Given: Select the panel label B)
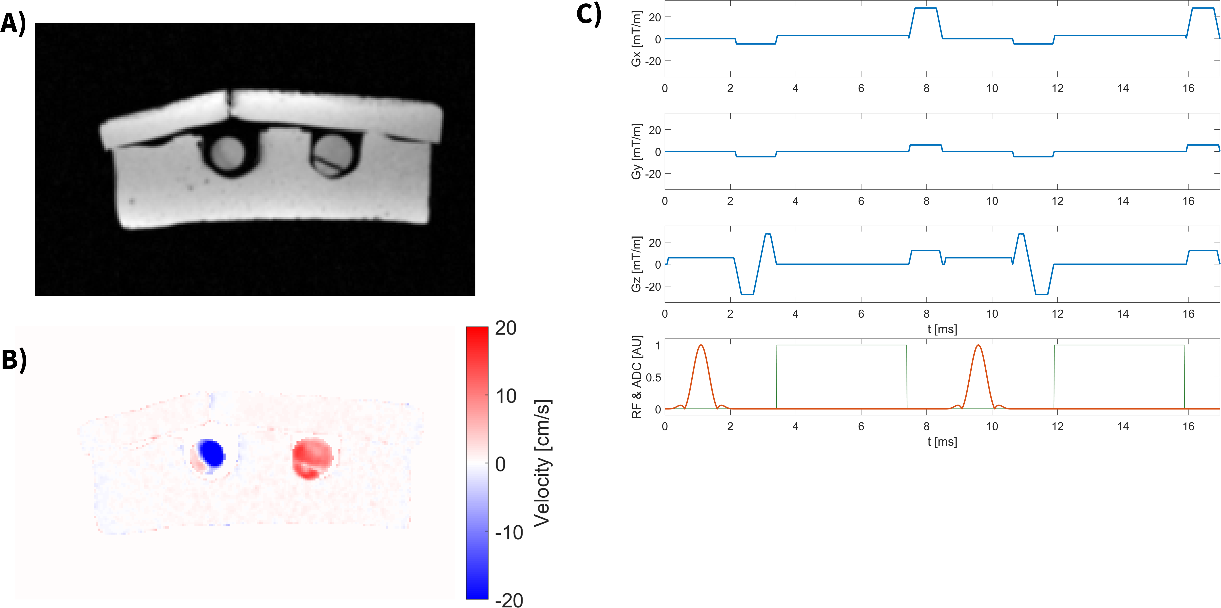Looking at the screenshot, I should tap(14, 360).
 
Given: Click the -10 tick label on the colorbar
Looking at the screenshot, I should tap(508, 532).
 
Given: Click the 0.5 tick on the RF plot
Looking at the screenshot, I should tap(653, 377).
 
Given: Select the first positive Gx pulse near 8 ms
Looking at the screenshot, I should tap(925, 8).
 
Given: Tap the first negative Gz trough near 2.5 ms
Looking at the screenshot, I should tap(747, 294).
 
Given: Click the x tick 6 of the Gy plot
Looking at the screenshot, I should tap(861, 201).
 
